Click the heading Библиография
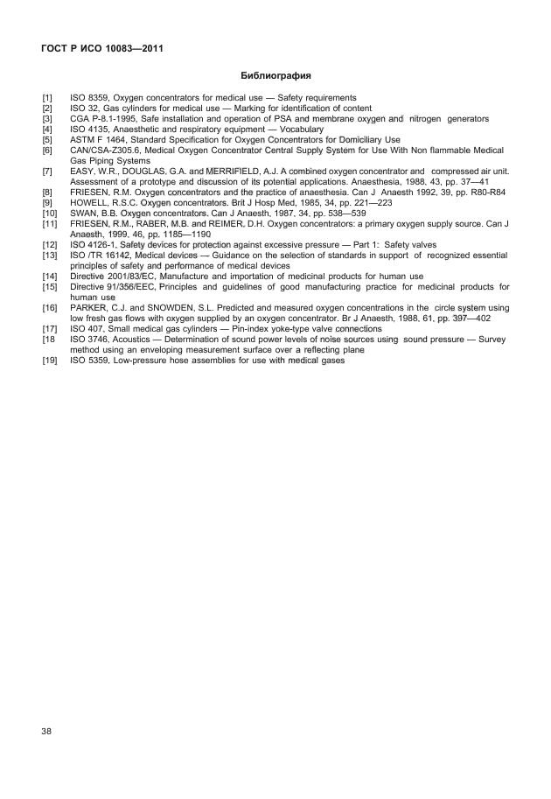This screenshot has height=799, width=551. (276, 77)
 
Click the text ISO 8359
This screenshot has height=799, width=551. (89, 98)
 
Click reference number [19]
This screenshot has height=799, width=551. (50, 359)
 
